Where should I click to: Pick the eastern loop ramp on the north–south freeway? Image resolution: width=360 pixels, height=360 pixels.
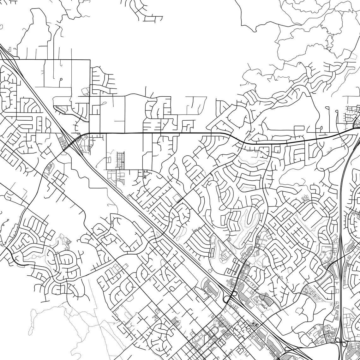(x=347, y=343)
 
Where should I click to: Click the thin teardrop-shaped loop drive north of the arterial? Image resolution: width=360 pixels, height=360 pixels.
(x=102, y=104)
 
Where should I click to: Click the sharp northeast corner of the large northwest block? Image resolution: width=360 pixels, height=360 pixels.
(x=90, y=60)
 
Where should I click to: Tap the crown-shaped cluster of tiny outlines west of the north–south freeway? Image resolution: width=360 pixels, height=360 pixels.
(x=305, y=198)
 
